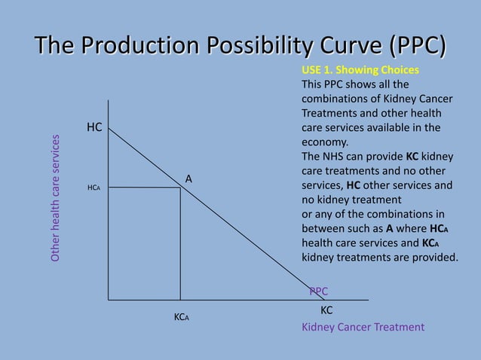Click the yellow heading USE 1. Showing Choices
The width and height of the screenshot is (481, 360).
[x=360, y=70]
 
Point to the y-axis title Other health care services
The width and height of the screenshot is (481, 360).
[x=55, y=199]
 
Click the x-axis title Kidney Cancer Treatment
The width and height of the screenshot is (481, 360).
[x=363, y=327]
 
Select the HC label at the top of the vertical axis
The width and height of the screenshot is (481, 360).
[x=94, y=128]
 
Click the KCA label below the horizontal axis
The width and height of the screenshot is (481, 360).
[x=181, y=318]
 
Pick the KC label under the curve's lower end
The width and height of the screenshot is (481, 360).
[x=326, y=310]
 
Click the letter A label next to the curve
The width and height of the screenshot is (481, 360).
[x=189, y=178]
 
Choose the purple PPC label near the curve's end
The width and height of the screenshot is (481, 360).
[x=318, y=291]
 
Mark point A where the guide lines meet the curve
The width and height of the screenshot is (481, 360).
[x=180, y=188]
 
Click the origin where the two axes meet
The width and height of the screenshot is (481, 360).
[x=108, y=300]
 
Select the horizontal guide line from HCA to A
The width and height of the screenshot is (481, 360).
[x=143, y=188]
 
